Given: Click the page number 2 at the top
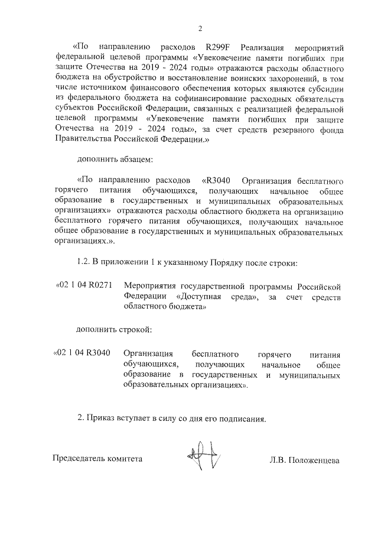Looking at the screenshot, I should point(200,28).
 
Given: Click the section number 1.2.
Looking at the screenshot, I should point(85,261).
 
